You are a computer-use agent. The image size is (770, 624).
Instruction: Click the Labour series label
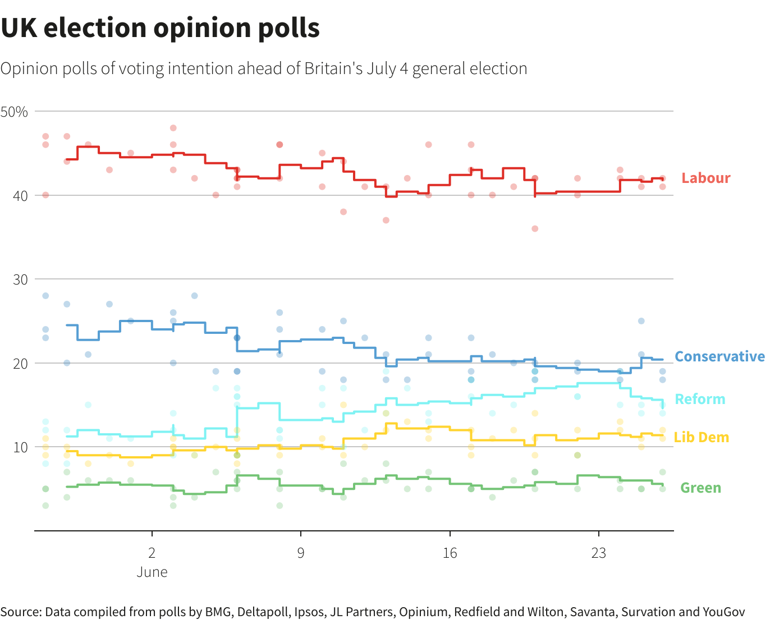[705, 178]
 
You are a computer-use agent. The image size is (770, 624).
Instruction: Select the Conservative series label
[719, 356]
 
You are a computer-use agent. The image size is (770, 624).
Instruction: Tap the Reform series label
[700, 399]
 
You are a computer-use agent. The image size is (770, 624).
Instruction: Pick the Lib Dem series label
[701, 437]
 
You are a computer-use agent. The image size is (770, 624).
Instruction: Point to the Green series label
[700, 488]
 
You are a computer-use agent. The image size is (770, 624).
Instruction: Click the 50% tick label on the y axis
[15, 112]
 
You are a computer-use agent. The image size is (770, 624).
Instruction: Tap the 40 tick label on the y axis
[21, 196]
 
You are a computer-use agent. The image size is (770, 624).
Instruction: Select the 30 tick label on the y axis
[21, 279]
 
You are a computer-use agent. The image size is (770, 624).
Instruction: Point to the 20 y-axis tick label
[21, 364]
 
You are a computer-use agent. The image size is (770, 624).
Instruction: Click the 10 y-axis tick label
[21, 447]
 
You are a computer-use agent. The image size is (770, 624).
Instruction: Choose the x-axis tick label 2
[152, 553]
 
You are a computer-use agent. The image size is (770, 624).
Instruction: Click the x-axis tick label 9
[301, 553]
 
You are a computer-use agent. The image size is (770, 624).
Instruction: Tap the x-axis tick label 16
[450, 553]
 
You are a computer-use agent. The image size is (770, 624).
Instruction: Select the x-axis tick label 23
[599, 553]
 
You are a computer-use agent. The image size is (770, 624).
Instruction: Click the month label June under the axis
[152, 572]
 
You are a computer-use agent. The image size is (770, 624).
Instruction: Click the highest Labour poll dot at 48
[173, 128]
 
